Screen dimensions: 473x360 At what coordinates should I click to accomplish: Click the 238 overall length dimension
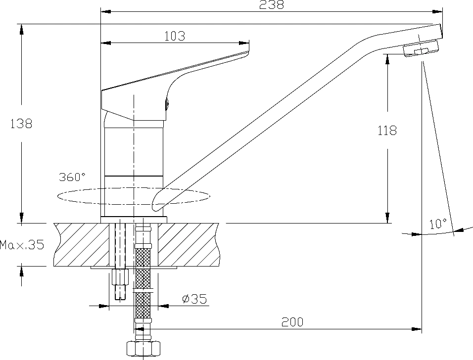[272, 4]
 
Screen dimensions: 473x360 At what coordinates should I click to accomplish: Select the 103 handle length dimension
[175, 36]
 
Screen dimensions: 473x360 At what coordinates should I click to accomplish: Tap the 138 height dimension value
[21, 124]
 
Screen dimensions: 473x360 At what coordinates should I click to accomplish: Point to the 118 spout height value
[387, 131]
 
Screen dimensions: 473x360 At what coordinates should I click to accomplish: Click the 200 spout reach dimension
[292, 322]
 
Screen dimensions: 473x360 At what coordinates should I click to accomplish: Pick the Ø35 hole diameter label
[194, 299]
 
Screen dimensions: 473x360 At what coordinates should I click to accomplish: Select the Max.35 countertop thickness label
[22, 244]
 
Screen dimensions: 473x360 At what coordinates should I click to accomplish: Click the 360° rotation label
[72, 177]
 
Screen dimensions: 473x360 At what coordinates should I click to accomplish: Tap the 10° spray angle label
[438, 224]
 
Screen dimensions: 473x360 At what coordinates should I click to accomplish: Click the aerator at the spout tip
[421, 48]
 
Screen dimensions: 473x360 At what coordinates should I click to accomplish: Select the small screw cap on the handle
[167, 104]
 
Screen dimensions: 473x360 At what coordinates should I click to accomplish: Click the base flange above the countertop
[134, 220]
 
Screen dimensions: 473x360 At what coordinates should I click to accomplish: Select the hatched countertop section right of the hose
[189, 244]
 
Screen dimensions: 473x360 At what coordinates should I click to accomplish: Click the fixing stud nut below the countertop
[120, 277]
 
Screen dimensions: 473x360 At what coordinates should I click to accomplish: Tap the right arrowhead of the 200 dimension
[418, 329]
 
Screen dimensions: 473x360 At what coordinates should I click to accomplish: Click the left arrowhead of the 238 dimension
[105, 12]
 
